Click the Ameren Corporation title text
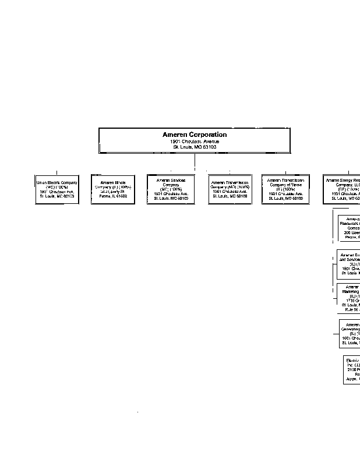pos(195,135)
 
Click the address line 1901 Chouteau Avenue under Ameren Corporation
pos(195,142)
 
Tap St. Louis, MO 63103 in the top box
pos(195,147)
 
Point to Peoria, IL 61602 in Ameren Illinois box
pos(113,196)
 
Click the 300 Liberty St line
pos(113,192)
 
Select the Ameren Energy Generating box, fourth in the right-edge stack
pos(350,333)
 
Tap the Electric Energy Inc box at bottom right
pos(352,369)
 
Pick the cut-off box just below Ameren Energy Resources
pos(350,228)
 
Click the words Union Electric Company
pos(57,182)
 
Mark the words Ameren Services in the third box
pos(171,180)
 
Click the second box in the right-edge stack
pos(349,264)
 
